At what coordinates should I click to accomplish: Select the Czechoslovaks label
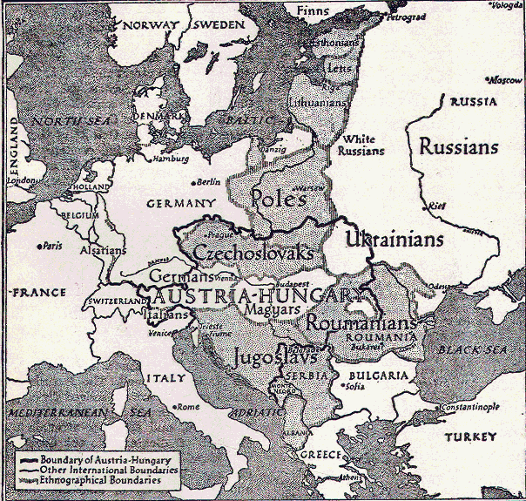(x=253, y=253)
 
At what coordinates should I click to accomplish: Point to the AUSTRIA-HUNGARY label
(x=258, y=295)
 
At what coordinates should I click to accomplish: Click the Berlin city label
(x=209, y=182)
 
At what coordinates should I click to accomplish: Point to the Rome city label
(x=187, y=407)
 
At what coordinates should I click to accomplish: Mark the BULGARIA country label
(x=380, y=376)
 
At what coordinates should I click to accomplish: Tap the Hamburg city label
(x=172, y=159)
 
